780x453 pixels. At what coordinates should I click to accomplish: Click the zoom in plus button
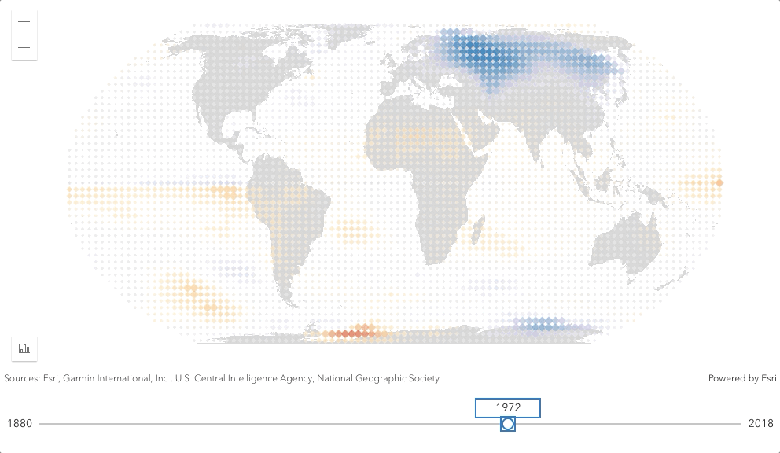[24, 22]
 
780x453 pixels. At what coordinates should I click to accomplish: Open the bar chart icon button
[24, 348]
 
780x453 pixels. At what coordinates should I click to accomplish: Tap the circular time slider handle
[507, 424]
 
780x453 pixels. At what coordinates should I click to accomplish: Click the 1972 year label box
[508, 407]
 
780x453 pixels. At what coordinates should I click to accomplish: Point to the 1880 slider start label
[20, 424]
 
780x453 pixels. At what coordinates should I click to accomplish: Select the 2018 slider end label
[760, 424]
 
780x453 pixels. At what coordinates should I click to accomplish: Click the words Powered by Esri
[742, 378]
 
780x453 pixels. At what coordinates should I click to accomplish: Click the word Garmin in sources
[79, 378]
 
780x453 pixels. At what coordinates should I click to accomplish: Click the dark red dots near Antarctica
[351, 333]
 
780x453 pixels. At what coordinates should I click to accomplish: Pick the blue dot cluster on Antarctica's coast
[543, 324]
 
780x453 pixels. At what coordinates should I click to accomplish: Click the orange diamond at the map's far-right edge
[719, 182]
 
